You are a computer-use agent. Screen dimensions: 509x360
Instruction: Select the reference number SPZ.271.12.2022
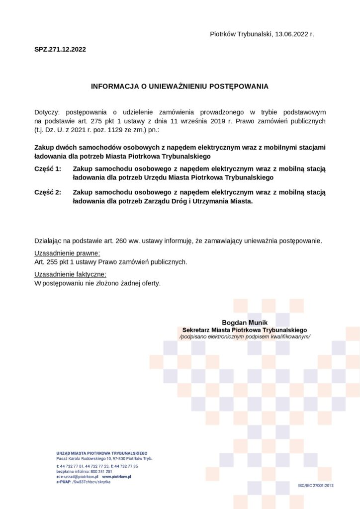60,49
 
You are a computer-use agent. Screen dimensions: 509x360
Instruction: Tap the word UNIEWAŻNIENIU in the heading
174,86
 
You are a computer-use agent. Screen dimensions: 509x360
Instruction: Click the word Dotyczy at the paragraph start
47,112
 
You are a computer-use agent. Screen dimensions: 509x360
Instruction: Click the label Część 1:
48,169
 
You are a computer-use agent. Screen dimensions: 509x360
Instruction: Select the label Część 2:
48,192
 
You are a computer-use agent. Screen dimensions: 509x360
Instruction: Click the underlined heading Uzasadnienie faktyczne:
70,275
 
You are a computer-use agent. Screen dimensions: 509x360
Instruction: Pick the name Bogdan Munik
245,323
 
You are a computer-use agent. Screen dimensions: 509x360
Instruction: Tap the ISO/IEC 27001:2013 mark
316,485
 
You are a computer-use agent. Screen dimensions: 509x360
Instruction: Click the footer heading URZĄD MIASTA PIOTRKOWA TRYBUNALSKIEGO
102,453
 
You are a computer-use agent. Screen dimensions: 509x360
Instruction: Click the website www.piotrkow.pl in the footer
116,477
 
